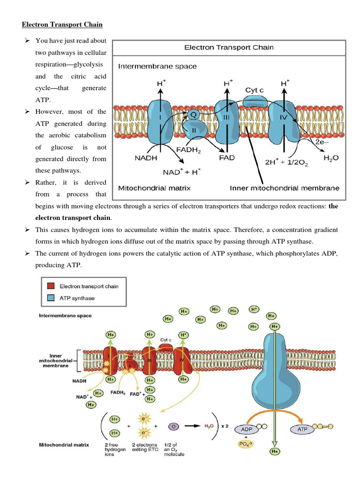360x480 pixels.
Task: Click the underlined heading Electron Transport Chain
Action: (x=63, y=24)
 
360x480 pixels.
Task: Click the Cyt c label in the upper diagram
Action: (x=254, y=90)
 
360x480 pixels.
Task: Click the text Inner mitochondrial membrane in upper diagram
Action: (x=285, y=188)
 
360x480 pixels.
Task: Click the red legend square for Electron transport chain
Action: (x=51, y=286)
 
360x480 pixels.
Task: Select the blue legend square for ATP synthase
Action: (x=51, y=297)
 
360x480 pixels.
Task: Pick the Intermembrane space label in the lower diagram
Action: (x=65, y=315)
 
